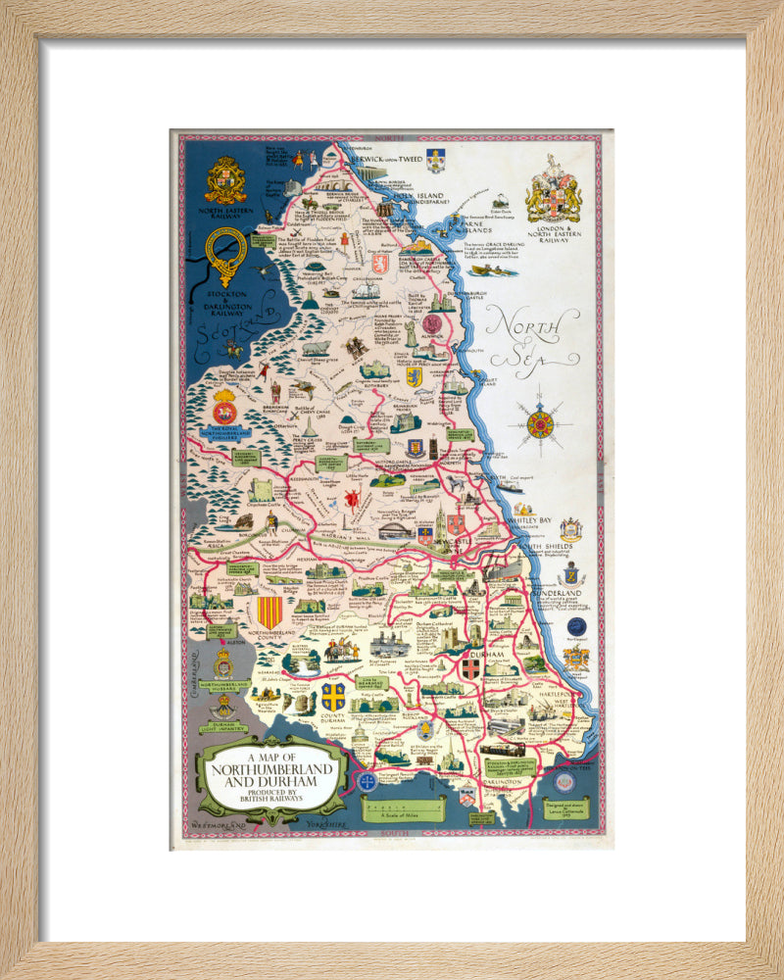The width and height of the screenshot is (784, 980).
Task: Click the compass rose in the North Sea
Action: (540, 424)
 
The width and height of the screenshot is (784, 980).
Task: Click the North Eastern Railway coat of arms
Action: (225, 180)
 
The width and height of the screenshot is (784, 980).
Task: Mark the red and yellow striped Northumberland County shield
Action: (269, 612)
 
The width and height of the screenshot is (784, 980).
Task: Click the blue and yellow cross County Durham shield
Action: (332, 697)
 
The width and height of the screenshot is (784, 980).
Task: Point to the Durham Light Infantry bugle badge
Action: (224, 706)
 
